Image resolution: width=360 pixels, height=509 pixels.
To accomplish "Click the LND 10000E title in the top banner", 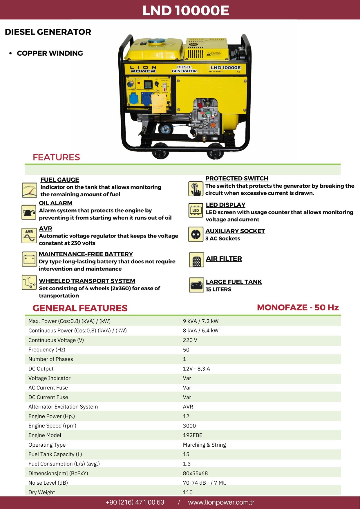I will pyautogui.click(x=186, y=10).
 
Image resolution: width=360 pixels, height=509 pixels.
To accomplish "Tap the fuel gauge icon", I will pyautogui.click(x=29, y=190).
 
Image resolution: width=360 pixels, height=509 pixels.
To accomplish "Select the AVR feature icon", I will pyautogui.click(x=29, y=235).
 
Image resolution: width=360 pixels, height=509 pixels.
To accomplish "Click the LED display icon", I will pyautogui.click(x=196, y=210).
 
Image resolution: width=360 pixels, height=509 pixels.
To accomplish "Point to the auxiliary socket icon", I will pyautogui.click(x=196, y=234).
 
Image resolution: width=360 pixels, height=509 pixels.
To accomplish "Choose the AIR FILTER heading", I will pyautogui.click(x=224, y=258).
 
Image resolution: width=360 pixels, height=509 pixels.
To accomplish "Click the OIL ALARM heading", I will pyautogui.click(x=56, y=203).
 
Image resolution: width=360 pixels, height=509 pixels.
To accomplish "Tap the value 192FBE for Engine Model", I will pyautogui.click(x=193, y=435).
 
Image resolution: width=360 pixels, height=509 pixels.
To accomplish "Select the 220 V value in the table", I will pyautogui.click(x=190, y=340).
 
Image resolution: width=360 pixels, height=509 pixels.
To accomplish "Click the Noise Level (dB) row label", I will pyautogui.click(x=48, y=483).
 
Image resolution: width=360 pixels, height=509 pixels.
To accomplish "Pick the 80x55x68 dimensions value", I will pyautogui.click(x=195, y=473).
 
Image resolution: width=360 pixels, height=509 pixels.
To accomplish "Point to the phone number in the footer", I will pyautogui.click(x=135, y=502).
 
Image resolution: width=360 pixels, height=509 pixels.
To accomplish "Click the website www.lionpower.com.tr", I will pyautogui.click(x=221, y=502).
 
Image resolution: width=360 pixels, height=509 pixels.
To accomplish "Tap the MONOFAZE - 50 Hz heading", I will pyautogui.click(x=298, y=307).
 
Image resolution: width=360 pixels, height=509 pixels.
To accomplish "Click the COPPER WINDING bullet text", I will pyautogui.click(x=50, y=53).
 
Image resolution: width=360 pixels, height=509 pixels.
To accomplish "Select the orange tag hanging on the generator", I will pyautogui.click(x=159, y=104).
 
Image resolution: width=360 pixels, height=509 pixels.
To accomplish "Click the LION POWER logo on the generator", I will pyautogui.click(x=143, y=69).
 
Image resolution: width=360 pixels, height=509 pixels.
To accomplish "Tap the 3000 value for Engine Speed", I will pyautogui.click(x=189, y=425).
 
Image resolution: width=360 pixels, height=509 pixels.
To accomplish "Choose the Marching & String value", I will pyautogui.click(x=204, y=445).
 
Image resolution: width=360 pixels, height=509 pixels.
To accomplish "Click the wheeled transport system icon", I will pyautogui.click(x=29, y=282).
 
